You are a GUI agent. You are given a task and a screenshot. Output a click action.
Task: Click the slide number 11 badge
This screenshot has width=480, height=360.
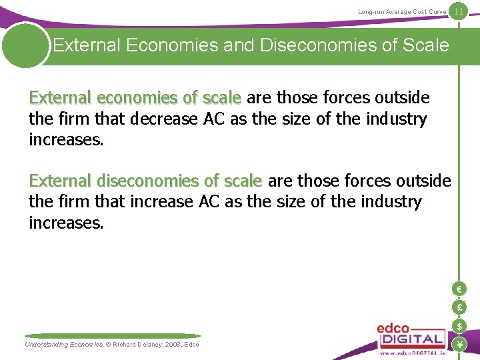pos(459,11)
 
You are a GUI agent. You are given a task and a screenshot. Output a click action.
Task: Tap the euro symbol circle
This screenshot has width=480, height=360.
pos(458,289)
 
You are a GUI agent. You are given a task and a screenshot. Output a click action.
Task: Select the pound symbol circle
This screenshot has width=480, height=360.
pos(458,307)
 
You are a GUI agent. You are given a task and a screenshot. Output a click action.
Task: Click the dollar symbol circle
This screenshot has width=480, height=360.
pos(458,326)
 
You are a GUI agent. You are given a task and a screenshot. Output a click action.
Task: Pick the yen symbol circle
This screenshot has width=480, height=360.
pos(458,344)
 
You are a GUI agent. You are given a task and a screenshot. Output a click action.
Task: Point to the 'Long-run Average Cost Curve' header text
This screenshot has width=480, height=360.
pos(402,12)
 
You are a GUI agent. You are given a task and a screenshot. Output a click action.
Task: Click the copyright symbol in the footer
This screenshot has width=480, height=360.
pos(108,344)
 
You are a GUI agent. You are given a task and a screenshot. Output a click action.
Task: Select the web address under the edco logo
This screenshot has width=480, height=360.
pos(411,353)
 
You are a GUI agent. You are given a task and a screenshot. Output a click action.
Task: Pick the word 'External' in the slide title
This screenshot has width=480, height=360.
pos(86,45)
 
